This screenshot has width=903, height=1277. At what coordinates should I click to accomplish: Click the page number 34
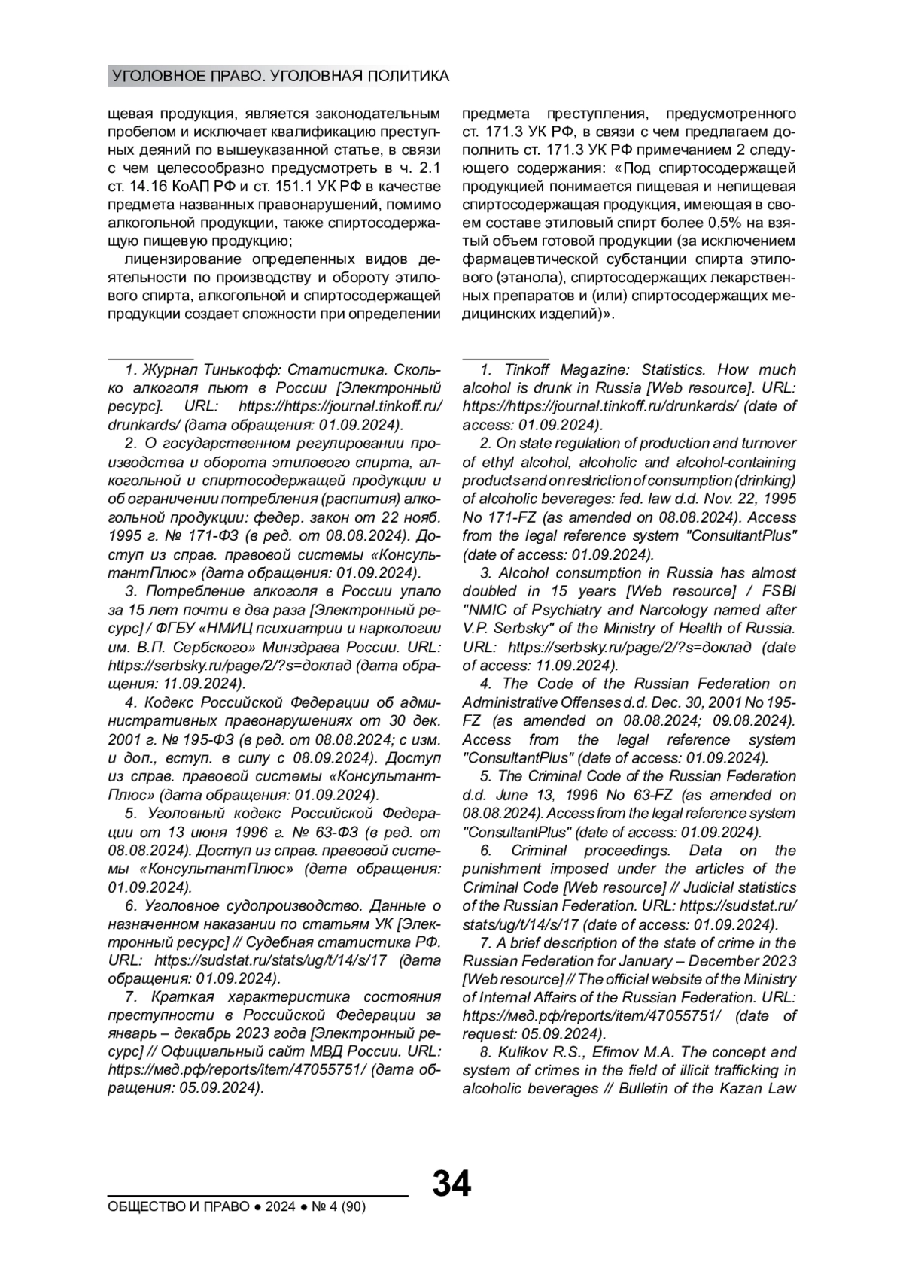click(451, 1183)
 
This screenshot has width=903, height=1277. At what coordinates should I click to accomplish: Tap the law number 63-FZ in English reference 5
click(660, 794)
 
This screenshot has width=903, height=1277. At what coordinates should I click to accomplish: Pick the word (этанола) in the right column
click(512, 278)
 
